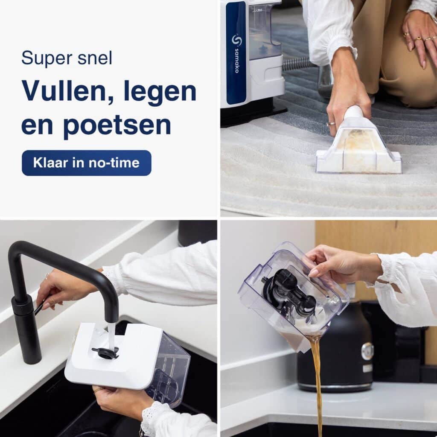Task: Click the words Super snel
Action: pos(67,58)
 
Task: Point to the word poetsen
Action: pos(117,126)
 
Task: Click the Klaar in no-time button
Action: pos(86,163)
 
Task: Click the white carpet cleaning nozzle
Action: pos(359,145)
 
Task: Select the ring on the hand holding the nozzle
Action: pos(331,123)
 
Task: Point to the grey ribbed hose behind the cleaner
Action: pos(297,64)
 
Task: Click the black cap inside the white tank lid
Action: pos(105,352)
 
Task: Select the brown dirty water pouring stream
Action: pos(318,385)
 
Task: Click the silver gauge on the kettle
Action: pos(367,352)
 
